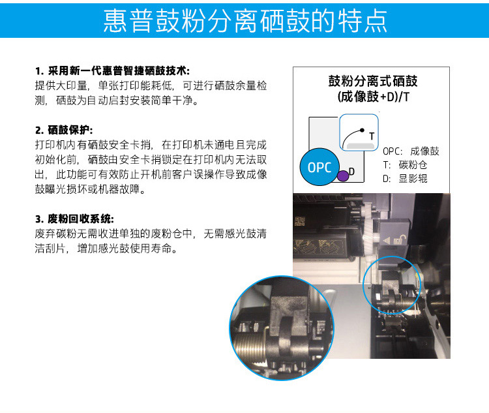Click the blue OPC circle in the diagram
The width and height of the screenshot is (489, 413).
pyautogui.click(x=319, y=167)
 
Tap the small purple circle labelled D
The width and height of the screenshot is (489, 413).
pyautogui.click(x=343, y=176)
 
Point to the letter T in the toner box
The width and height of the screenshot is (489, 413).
pyautogui.click(x=372, y=136)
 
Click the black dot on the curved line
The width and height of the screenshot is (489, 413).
pyautogui.click(x=362, y=130)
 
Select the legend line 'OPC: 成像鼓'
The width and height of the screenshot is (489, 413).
pyautogui.click(x=411, y=151)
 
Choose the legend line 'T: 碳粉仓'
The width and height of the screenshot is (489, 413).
pyautogui.click(x=405, y=165)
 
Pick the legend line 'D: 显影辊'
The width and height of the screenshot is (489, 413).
pyautogui.click(x=405, y=179)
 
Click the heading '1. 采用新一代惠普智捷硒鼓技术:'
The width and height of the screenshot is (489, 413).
pyautogui.click(x=112, y=71)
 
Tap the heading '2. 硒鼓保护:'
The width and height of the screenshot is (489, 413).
pyautogui.click(x=64, y=130)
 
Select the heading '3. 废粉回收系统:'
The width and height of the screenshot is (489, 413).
pyautogui.click(x=74, y=219)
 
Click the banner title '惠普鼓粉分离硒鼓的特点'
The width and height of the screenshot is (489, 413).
pyautogui.click(x=244, y=21)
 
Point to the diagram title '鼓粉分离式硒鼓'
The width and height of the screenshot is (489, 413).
pyautogui.click(x=373, y=81)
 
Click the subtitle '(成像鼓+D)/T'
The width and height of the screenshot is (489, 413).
pyautogui.click(x=373, y=97)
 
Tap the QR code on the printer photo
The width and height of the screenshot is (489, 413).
pyautogui.click(x=300, y=221)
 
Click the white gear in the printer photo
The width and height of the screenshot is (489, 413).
pyautogui.click(x=370, y=230)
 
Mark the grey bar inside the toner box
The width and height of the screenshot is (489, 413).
pyautogui.click(x=360, y=145)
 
